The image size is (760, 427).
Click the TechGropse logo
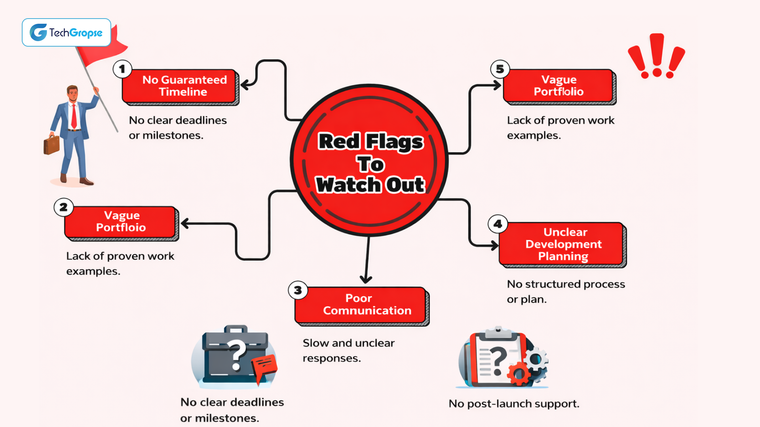coord(66,32)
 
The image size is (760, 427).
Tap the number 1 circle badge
coord(122,69)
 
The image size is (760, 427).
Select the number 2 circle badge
coord(63,207)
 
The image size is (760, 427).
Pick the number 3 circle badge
coord(298,291)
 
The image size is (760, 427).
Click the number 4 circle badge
coord(498,224)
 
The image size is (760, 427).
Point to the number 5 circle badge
coord(500,69)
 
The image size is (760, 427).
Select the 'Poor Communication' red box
coord(361,305)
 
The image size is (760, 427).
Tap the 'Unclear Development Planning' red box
coord(562,244)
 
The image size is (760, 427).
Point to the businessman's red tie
coord(74,116)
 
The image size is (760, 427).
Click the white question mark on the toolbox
coord(237,354)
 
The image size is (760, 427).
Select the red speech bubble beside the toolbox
coord(264,366)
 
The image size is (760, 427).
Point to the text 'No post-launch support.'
coord(514,404)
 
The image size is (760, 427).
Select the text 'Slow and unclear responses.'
coord(348,350)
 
